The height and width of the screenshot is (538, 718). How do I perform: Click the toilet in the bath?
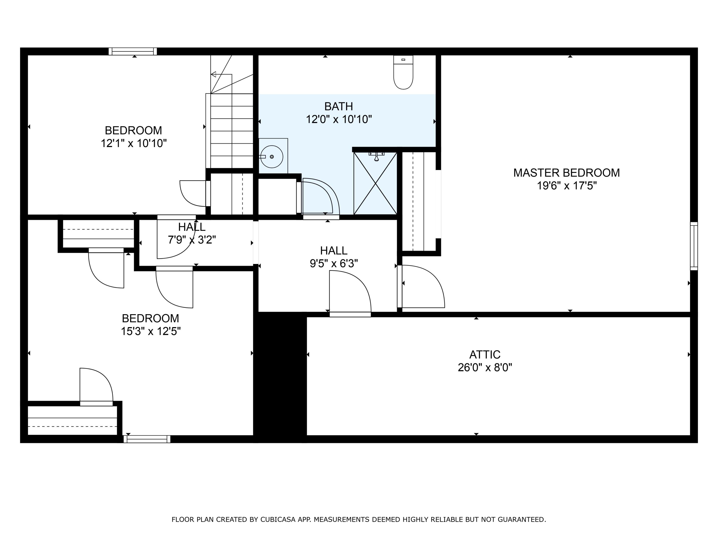coord(403,73)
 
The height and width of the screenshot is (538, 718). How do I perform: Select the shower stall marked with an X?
coord(375,183)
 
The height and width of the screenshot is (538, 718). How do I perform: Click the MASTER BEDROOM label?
coord(567,173)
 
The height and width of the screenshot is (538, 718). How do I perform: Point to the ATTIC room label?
coord(485,354)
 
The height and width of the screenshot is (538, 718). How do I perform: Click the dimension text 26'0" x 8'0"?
coord(485,368)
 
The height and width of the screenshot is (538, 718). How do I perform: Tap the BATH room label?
coord(339,106)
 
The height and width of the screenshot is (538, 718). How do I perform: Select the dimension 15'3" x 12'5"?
coord(151,331)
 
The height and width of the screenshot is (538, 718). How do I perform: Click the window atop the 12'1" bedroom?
coord(132,51)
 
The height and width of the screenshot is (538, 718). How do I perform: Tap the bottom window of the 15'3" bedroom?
coord(147,439)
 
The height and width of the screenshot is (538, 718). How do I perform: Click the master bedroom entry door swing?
coord(422,287)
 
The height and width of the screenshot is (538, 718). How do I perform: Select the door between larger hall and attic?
coord(350,292)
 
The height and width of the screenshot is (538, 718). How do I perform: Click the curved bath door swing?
coord(320,196)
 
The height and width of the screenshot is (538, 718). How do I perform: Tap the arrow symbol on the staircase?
coord(213,74)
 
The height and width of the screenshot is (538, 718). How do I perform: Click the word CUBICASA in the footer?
coord(278,520)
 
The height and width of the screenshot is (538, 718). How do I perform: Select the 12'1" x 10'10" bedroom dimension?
coord(133,143)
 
